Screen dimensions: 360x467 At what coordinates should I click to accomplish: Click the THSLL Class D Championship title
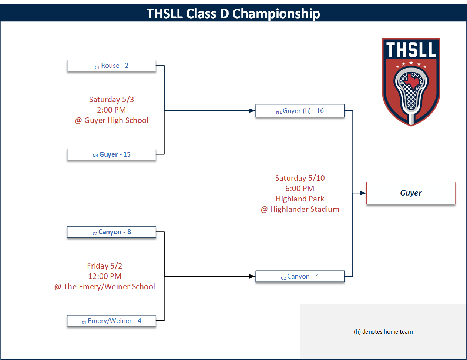click(x=233, y=13)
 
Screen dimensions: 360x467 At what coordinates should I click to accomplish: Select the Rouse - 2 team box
click(x=111, y=66)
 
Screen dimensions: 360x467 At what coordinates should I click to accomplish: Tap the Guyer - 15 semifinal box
click(x=111, y=154)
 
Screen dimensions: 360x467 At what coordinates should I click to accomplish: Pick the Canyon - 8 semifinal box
click(x=111, y=232)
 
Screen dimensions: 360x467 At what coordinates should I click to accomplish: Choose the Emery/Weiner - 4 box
click(x=111, y=321)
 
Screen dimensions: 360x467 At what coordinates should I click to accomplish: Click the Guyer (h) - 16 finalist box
click(x=300, y=111)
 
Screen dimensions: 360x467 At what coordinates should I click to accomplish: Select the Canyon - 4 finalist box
click(x=300, y=276)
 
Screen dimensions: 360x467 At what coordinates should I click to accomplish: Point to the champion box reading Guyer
click(x=411, y=193)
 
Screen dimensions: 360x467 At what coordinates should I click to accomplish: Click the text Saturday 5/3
click(x=111, y=100)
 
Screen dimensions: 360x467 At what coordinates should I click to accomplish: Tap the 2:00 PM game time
click(x=111, y=110)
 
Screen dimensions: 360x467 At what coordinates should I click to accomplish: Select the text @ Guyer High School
click(x=112, y=120)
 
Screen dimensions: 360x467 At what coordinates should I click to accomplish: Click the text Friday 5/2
click(x=105, y=266)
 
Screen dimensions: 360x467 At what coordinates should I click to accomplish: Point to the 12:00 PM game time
click(x=105, y=276)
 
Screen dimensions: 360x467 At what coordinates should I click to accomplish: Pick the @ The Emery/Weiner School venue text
click(x=105, y=287)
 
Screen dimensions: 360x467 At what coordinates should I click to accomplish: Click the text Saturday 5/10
click(x=300, y=178)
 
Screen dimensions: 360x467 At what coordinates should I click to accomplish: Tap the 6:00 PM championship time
click(x=300, y=189)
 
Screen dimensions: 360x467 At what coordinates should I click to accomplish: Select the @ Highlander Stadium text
click(x=300, y=209)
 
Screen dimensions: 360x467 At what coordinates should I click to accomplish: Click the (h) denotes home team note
click(x=383, y=332)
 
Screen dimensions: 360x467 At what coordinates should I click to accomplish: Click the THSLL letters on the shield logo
click(x=411, y=50)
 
